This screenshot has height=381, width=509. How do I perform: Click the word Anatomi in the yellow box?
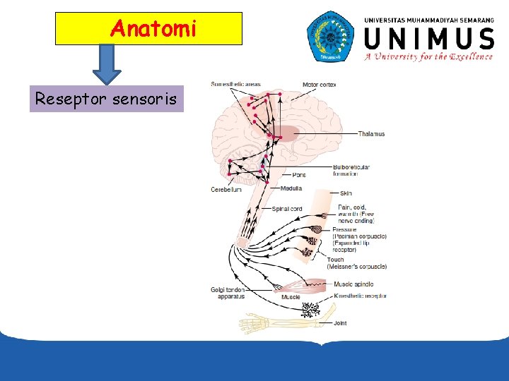153,29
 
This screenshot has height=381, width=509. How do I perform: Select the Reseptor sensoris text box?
106,99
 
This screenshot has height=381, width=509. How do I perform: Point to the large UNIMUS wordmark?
428,37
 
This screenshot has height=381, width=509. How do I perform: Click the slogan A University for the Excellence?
428,57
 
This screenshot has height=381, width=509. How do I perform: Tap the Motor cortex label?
319,85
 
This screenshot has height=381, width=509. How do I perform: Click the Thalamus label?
371,134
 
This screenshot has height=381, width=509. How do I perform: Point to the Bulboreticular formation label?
351,170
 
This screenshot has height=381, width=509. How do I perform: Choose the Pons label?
299,175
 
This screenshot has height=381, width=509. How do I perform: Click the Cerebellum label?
226,189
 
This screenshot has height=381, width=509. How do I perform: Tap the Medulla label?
291,188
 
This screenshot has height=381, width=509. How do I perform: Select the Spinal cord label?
287,209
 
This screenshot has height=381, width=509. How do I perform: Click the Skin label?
346,193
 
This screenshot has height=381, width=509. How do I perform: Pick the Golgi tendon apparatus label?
228,293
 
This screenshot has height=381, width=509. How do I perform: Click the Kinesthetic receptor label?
360,296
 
